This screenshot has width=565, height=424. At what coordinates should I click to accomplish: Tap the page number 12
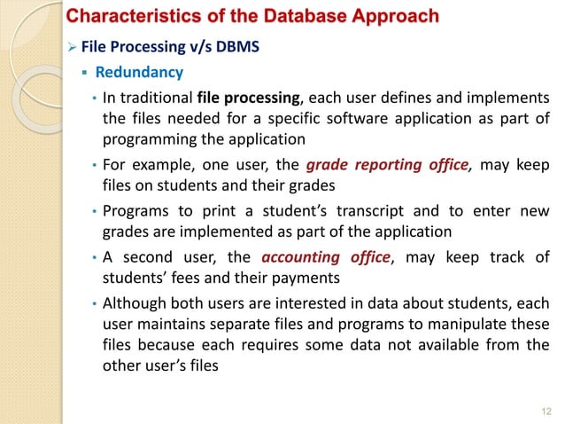(545, 409)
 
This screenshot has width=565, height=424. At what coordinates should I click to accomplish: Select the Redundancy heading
(139, 72)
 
